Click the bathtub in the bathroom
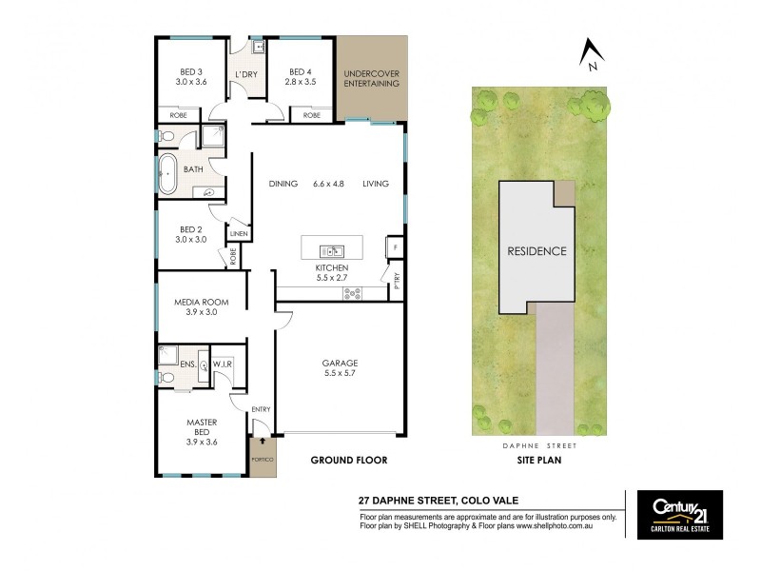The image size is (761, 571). (168, 172)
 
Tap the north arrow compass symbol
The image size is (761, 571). (591, 54)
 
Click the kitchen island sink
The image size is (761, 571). (334, 251)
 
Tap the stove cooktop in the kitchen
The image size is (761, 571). (352, 293)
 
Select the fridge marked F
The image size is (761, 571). (395, 247)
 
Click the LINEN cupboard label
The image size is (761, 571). (238, 233)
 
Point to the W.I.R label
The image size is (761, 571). (224, 364)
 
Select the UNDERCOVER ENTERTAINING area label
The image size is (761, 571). (372, 77)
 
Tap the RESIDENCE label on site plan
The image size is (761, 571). (537, 251)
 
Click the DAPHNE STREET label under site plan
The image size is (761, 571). (537, 444)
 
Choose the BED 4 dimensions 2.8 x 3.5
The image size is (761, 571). (300, 83)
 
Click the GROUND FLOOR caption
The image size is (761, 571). (349, 460)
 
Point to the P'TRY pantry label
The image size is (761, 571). (396, 280)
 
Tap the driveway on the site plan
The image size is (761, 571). (556, 371)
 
